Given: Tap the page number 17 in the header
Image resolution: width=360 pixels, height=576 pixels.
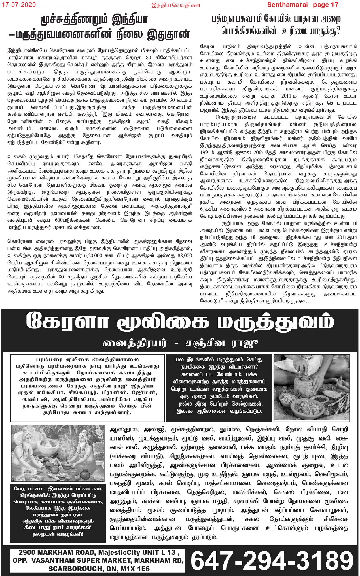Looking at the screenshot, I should point(334,5).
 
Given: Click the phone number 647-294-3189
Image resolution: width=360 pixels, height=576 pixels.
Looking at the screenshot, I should point(272,560).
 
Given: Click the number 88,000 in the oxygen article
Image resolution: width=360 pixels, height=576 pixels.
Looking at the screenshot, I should point(185,255).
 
